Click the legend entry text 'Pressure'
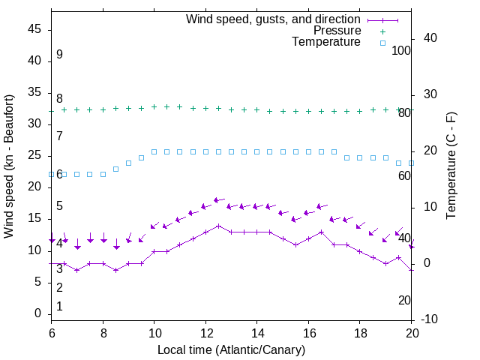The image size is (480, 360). click(x=337, y=31)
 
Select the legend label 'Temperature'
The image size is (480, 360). click(x=326, y=43)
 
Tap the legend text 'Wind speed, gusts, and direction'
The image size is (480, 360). click(x=274, y=19)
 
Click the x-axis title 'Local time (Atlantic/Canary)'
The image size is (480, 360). click(x=231, y=350)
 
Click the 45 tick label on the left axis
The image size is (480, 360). click(x=34, y=30)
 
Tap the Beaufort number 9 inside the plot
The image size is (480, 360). click(x=59, y=55)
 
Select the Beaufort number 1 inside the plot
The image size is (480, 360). click(x=59, y=306)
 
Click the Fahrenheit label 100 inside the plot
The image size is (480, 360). click(x=401, y=51)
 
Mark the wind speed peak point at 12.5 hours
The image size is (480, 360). click(x=218, y=225)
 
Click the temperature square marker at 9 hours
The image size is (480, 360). click(x=128, y=163)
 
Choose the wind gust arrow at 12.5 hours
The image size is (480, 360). click(x=218, y=200)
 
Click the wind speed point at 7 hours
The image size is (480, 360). click(x=77, y=270)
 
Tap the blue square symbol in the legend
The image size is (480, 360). click(x=382, y=43)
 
